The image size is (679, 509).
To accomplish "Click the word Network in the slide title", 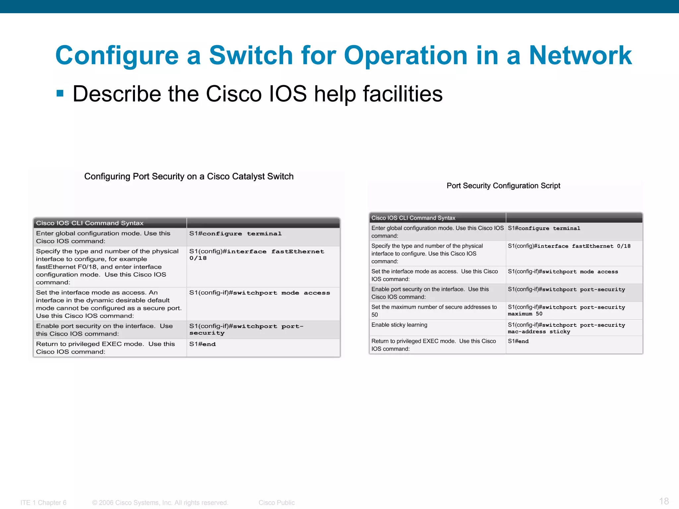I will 580,55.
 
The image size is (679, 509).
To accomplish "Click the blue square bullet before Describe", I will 60,93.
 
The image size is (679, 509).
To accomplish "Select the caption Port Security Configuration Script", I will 503,186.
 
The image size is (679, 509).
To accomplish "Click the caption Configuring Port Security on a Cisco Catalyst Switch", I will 189,177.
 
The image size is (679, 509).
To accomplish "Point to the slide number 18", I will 664,501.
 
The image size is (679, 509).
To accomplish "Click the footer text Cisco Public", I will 277,503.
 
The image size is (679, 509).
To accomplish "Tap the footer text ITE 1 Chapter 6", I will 43,503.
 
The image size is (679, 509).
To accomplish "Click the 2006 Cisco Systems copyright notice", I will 160,503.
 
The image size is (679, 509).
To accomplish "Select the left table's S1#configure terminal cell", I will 235,234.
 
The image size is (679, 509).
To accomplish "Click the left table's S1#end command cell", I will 203,344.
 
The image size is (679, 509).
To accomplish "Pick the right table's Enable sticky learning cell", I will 399,325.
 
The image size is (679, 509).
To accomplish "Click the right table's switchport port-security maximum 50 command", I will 566,311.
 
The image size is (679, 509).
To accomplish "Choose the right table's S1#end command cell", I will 518,341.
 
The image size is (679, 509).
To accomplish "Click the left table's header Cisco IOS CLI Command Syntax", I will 90,223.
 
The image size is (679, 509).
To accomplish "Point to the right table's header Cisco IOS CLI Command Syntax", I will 413,218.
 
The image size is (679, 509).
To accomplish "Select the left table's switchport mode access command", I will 260,293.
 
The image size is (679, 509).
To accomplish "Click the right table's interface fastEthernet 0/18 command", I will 569,246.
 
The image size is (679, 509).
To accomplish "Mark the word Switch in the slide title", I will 251,55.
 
